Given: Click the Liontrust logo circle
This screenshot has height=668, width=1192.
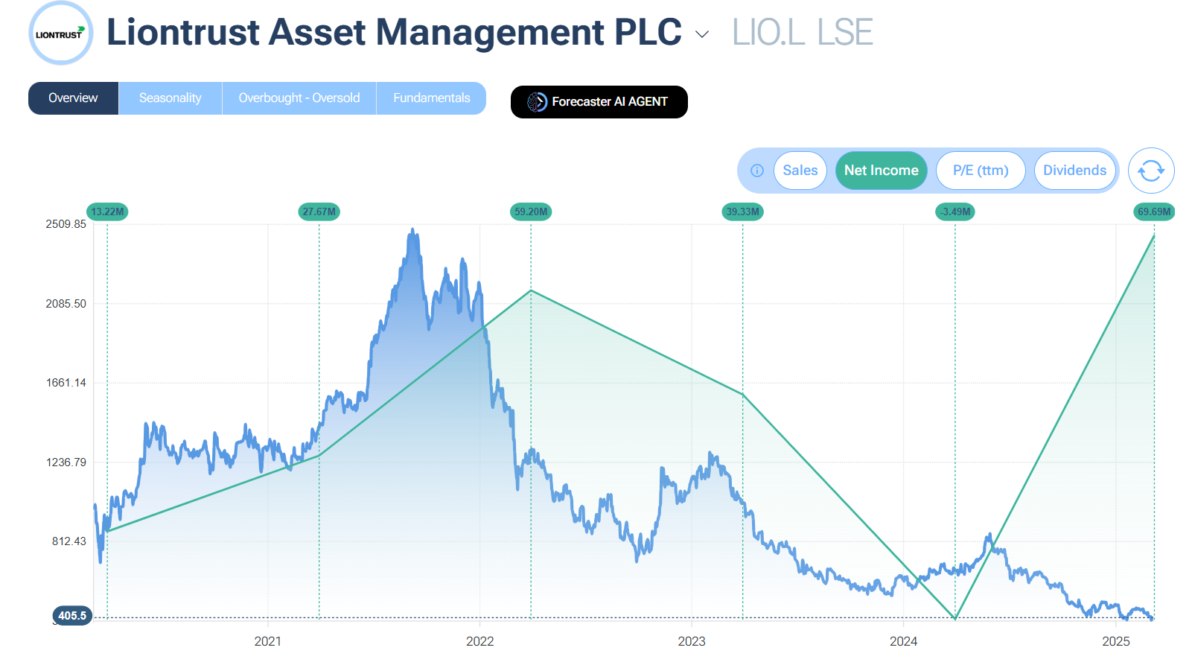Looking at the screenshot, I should (60, 34).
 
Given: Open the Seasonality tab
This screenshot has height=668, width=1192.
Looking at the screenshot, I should (170, 98).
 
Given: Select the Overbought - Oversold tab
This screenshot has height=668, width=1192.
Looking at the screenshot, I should (299, 98).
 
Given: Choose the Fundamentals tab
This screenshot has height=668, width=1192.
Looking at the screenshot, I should (431, 98).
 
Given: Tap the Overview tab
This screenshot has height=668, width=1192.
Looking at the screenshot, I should (73, 98).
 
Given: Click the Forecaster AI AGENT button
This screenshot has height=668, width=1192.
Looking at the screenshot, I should (599, 102).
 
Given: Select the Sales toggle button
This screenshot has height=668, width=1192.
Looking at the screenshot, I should (800, 171).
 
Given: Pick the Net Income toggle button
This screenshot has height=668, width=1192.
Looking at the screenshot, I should (881, 171).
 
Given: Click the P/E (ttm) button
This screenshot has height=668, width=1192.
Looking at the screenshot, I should (980, 171).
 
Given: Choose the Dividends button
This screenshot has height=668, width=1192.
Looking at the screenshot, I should (1074, 171).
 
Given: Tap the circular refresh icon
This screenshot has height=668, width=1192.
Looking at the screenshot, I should (1150, 171).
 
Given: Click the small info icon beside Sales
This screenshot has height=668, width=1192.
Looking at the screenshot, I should (757, 171).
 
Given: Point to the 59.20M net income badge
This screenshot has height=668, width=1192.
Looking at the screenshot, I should (531, 211).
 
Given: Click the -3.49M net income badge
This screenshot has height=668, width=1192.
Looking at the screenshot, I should (955, 211).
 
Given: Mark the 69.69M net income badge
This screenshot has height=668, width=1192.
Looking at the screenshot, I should (1153, 211).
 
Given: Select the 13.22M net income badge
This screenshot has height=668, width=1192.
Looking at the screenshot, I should (107, 211).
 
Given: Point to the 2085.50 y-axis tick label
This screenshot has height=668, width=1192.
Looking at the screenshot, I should (66, 304).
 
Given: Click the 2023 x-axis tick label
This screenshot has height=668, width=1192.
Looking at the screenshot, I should (691, 641).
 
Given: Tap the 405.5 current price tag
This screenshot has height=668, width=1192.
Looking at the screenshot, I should (72, 616).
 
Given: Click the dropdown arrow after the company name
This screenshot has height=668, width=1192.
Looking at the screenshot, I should (701, 34).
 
